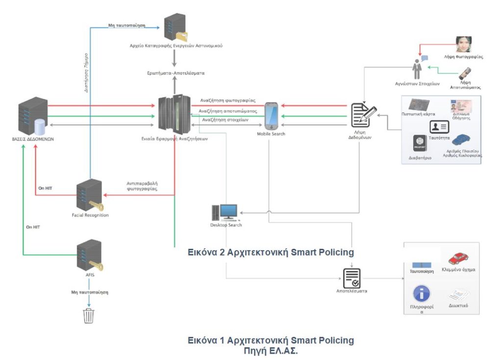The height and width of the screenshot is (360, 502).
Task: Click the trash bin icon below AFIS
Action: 88,316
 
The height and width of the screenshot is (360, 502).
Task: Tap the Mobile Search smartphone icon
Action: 271,116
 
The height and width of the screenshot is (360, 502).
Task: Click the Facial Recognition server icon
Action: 90,195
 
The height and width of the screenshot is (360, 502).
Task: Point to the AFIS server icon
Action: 90,255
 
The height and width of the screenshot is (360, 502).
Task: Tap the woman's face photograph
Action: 463,45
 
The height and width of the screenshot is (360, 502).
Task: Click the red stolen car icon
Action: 458,258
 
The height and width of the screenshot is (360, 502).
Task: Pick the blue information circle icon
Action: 421,294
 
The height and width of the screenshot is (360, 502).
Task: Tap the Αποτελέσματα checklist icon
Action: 351,277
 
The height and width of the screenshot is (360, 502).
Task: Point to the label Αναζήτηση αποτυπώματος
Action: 228,111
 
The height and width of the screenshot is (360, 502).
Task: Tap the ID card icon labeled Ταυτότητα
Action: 439,127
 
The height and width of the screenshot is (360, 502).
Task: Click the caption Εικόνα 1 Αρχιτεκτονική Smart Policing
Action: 271,340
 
